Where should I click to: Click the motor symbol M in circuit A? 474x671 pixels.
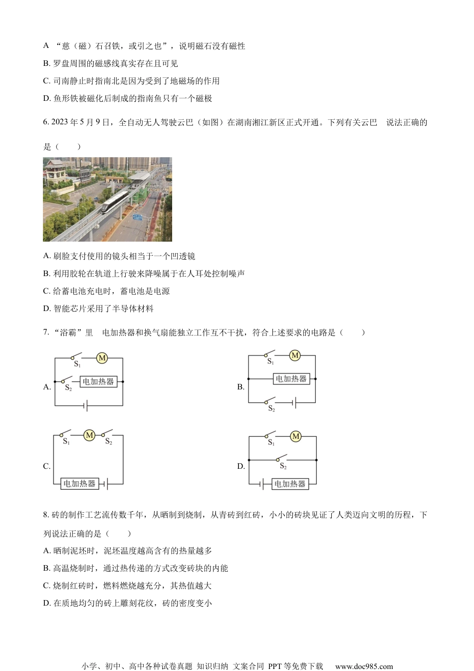[102, 357]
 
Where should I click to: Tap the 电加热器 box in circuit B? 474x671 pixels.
[291, 379]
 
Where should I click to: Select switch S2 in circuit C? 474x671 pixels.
[107, 435]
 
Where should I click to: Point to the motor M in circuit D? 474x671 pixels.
[296, 436]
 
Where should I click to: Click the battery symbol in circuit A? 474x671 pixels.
[86, 405]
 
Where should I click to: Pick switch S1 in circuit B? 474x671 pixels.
[270, 356]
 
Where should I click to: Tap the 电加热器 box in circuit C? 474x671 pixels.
[79, 483]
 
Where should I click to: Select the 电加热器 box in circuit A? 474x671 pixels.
[98, 381]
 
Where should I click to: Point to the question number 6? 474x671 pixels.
[46, 123]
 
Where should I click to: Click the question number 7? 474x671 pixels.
[46, 333]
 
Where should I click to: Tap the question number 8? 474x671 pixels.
[46, 515]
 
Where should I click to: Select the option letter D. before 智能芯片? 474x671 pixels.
[47, 309]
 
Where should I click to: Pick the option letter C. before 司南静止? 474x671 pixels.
[47, 81]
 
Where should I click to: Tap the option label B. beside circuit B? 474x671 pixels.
[241, 387]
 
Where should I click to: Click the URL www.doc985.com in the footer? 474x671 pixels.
[364, 666]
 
